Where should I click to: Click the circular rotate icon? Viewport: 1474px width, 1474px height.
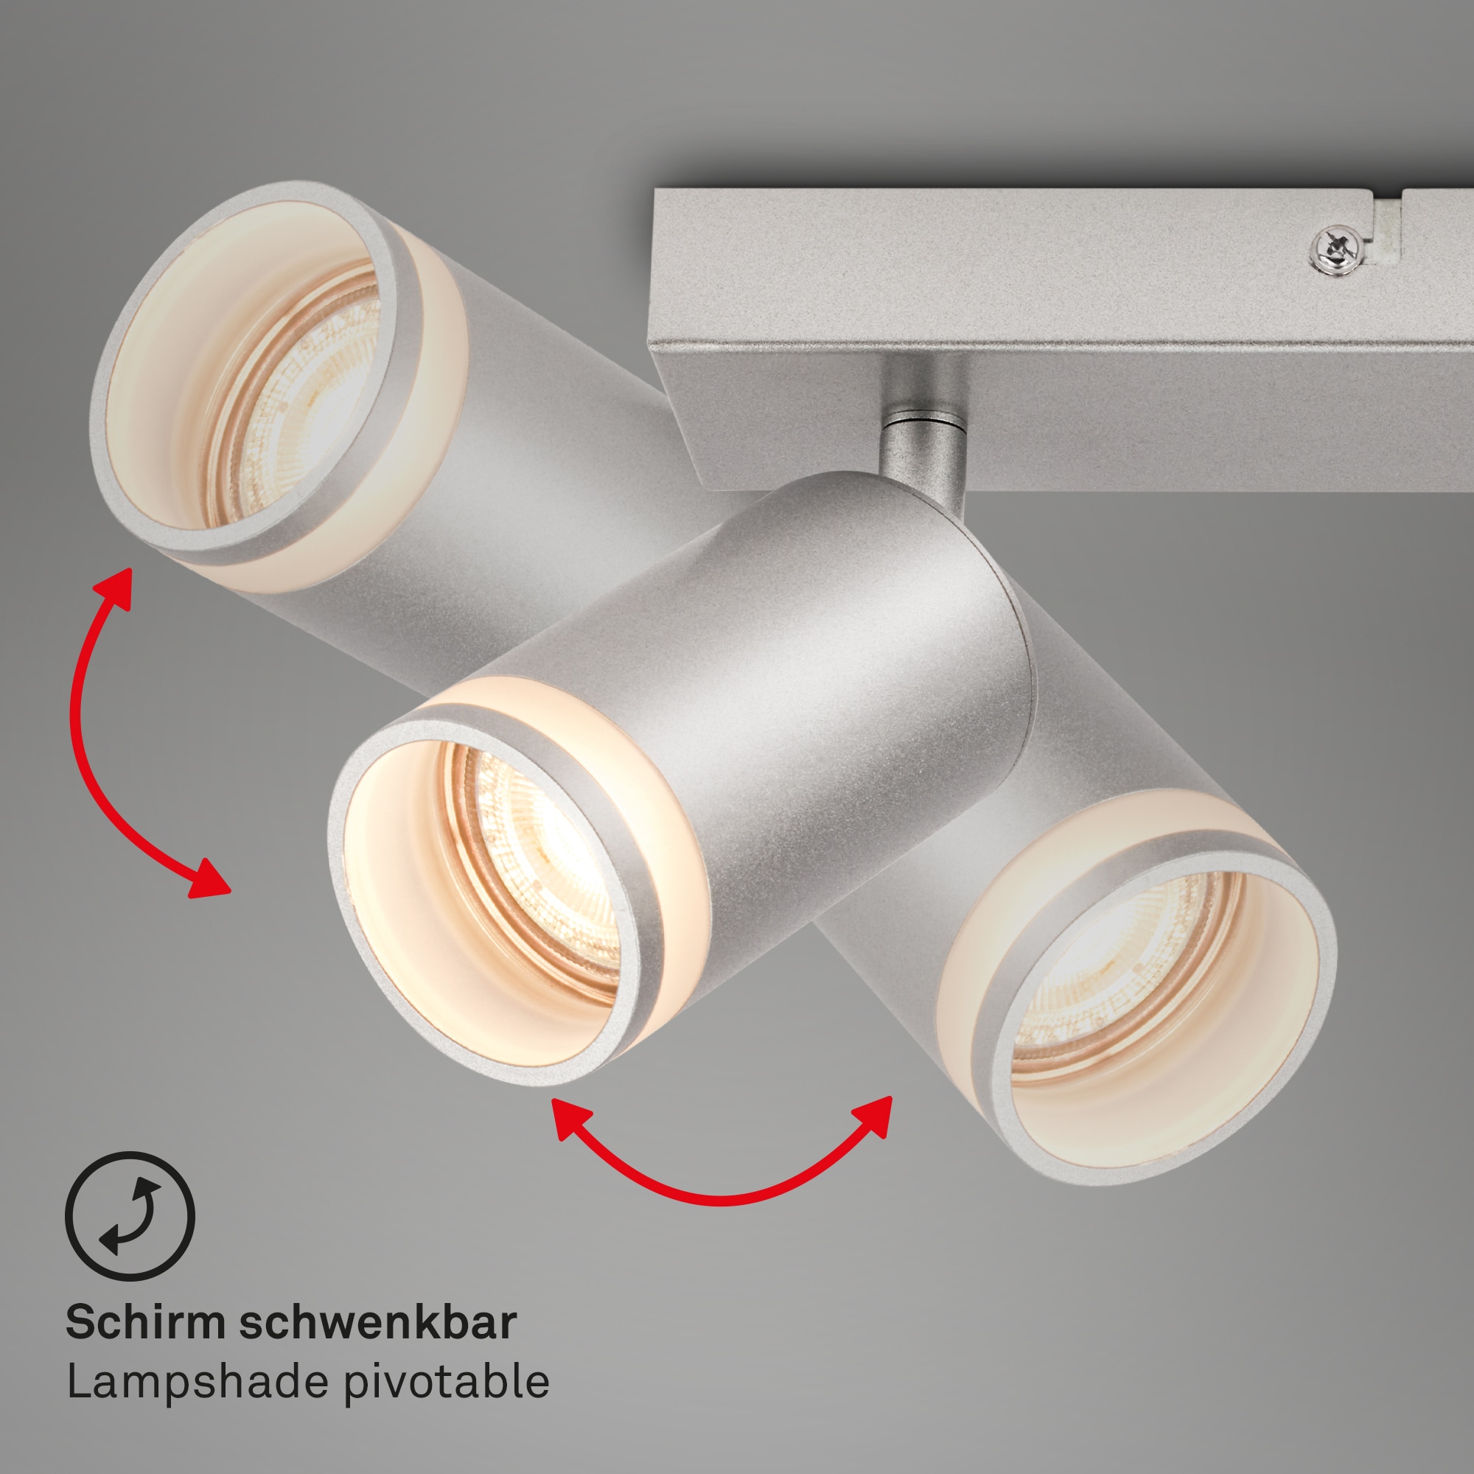(x=130, y=1216)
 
